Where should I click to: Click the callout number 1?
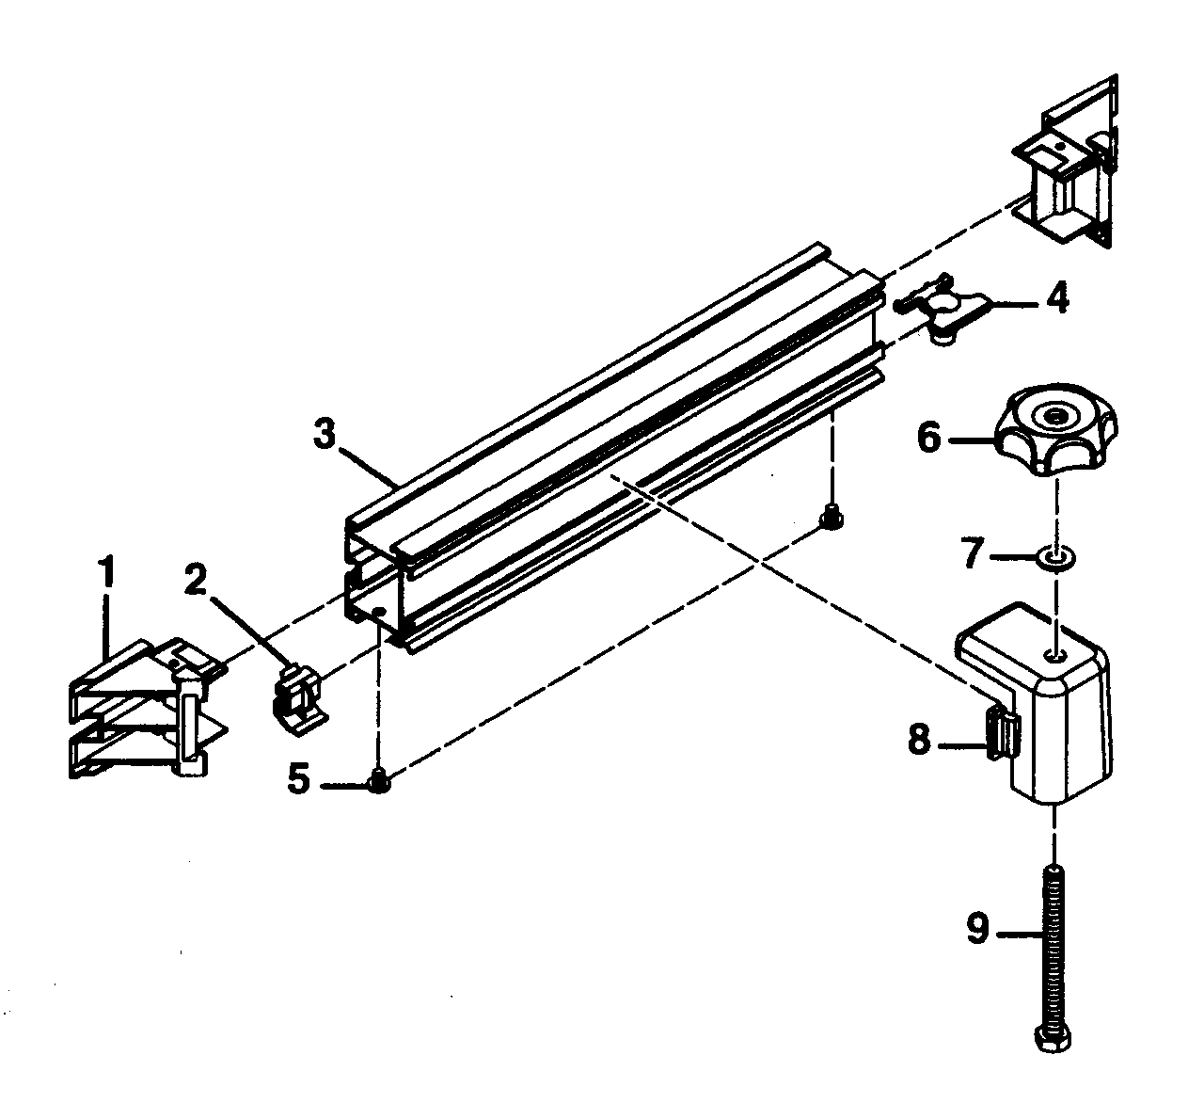point(107,572)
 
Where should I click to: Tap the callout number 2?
point(195,580)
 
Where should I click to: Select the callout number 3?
point(324,435)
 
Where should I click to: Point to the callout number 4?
point(1057,299)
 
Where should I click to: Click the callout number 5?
point(298,780)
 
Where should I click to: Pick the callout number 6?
point(929,439)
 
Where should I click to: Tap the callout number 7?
point(972,554)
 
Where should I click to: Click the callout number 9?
point(977,931)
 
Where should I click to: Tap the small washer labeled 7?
point(1056,559)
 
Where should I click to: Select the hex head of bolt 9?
point(1053,1040)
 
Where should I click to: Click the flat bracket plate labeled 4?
point(943,311)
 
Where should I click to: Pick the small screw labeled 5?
point(379,781)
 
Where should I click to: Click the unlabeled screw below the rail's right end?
point(831,517)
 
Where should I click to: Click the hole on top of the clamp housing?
point(1055,653)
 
